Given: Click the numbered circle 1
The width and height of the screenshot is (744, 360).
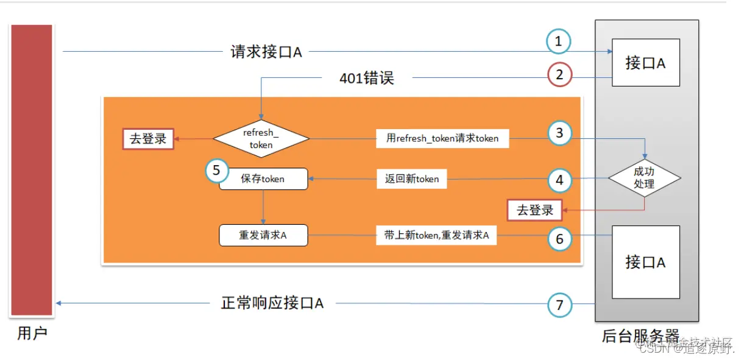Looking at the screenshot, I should pos(558,42).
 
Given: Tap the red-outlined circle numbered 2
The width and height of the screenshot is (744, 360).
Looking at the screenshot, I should pos(559,75).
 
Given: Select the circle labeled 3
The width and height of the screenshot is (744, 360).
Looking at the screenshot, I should pos(559,133).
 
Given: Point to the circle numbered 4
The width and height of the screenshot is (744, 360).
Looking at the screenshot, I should pos(559,180).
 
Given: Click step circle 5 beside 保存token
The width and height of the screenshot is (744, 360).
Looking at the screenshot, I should pos(217,171).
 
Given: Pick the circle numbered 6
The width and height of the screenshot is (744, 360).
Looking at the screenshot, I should pos(559,238).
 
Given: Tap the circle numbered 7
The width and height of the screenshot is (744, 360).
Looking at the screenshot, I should pos(559,305).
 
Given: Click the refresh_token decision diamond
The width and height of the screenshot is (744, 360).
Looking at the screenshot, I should pos(261,138).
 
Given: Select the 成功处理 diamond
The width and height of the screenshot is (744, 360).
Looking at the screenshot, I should pos(644,178).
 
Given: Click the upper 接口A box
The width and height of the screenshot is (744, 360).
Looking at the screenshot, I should pos(645,62).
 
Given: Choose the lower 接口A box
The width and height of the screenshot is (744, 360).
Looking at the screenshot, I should pos(645,262).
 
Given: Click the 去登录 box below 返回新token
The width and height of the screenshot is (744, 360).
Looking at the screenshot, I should pos(535,210).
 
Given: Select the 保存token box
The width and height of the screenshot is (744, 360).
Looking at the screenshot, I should pos(263,179).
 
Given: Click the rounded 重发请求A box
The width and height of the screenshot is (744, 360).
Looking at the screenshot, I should pos(263,235).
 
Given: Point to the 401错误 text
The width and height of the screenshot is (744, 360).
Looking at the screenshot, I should pos(366,78).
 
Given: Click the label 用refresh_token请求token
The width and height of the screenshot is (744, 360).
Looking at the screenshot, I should pos(442,138).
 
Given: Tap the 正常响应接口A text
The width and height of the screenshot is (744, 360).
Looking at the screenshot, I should pos(272,303).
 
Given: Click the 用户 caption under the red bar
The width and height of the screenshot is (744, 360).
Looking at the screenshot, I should pos(32,334).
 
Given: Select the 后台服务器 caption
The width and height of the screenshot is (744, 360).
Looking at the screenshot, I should pos(640,336).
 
